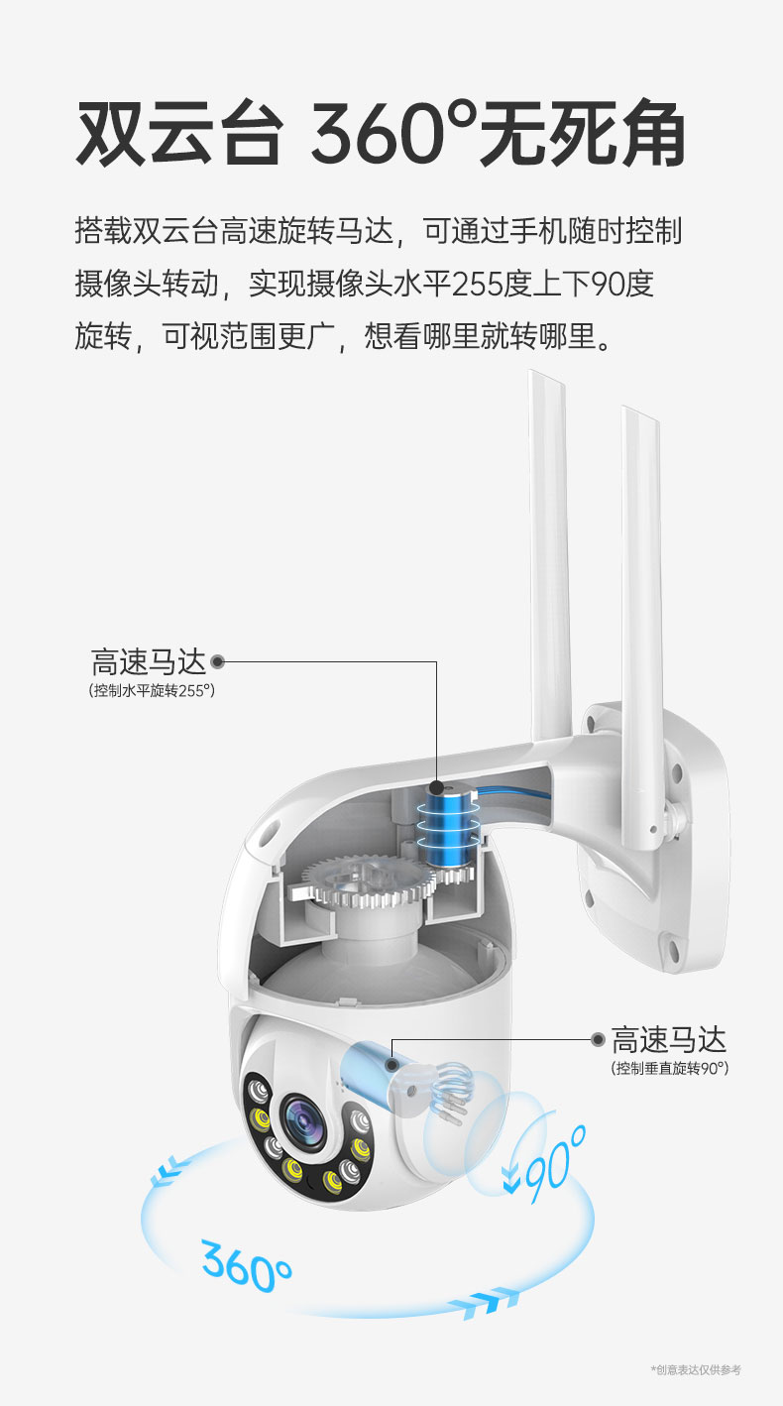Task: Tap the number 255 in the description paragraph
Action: [487, 284]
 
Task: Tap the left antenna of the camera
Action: [550, 555]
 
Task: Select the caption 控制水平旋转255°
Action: [152, 690]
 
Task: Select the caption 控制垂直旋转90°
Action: [669, 1068]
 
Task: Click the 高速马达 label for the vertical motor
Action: [668, 1039]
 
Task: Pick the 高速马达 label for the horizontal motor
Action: [148, 661]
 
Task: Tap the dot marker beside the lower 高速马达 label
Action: [598, 1039]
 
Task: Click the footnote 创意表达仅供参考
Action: [696, 1370]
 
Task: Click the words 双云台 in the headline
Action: [179, 134]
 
